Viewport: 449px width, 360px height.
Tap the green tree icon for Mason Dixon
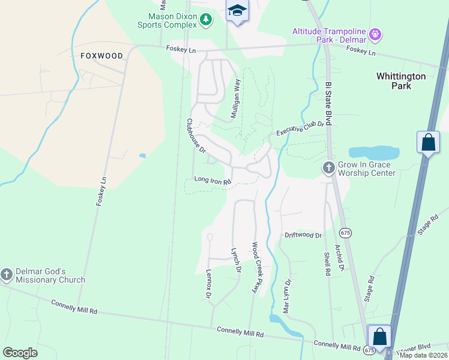206,20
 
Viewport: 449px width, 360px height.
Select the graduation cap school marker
238,11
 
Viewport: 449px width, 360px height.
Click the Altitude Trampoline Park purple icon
376,34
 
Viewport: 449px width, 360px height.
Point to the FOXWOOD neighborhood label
101,56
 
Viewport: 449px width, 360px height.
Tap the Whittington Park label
401,81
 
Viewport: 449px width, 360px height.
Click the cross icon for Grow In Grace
328,168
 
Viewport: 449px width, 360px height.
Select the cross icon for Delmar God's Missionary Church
7,275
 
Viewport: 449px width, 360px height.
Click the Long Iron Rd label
212,180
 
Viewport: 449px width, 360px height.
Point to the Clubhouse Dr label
196,135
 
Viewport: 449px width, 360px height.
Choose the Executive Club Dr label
300,128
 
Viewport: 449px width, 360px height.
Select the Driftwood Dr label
303,236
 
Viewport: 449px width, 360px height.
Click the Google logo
20,353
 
